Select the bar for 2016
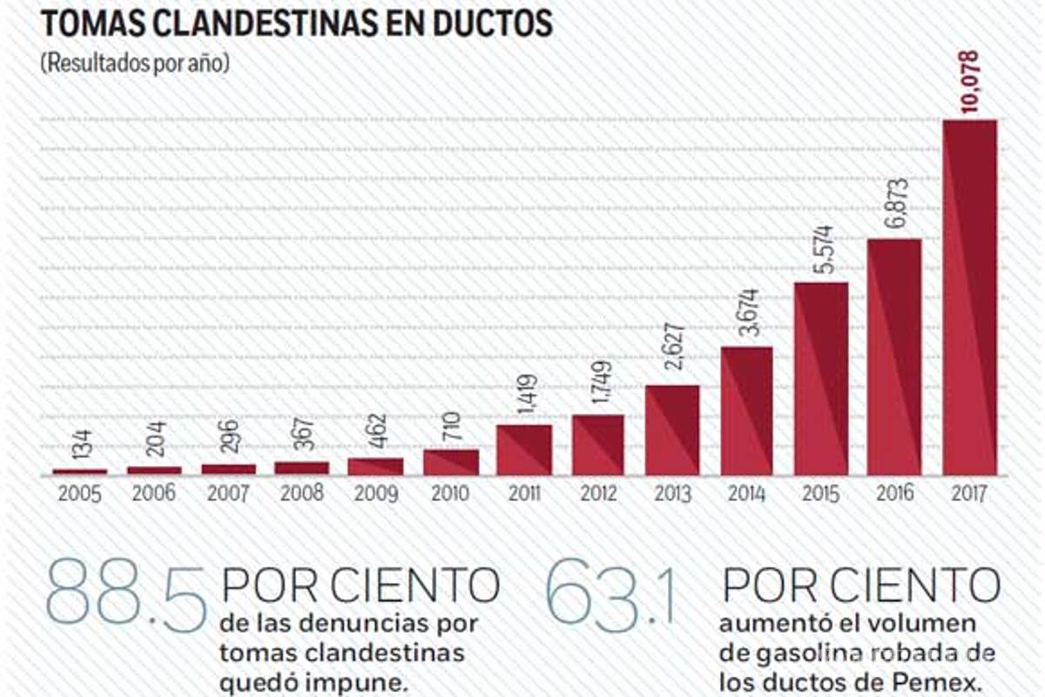(895, 357)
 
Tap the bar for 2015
(820, 379)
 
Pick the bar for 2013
(672, 430)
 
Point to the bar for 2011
(524, 450)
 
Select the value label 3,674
(748, 315)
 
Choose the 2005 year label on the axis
(80, 495)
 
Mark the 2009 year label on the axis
(376, 495)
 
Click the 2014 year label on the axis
(747, 495)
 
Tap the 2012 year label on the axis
(599, 495)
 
